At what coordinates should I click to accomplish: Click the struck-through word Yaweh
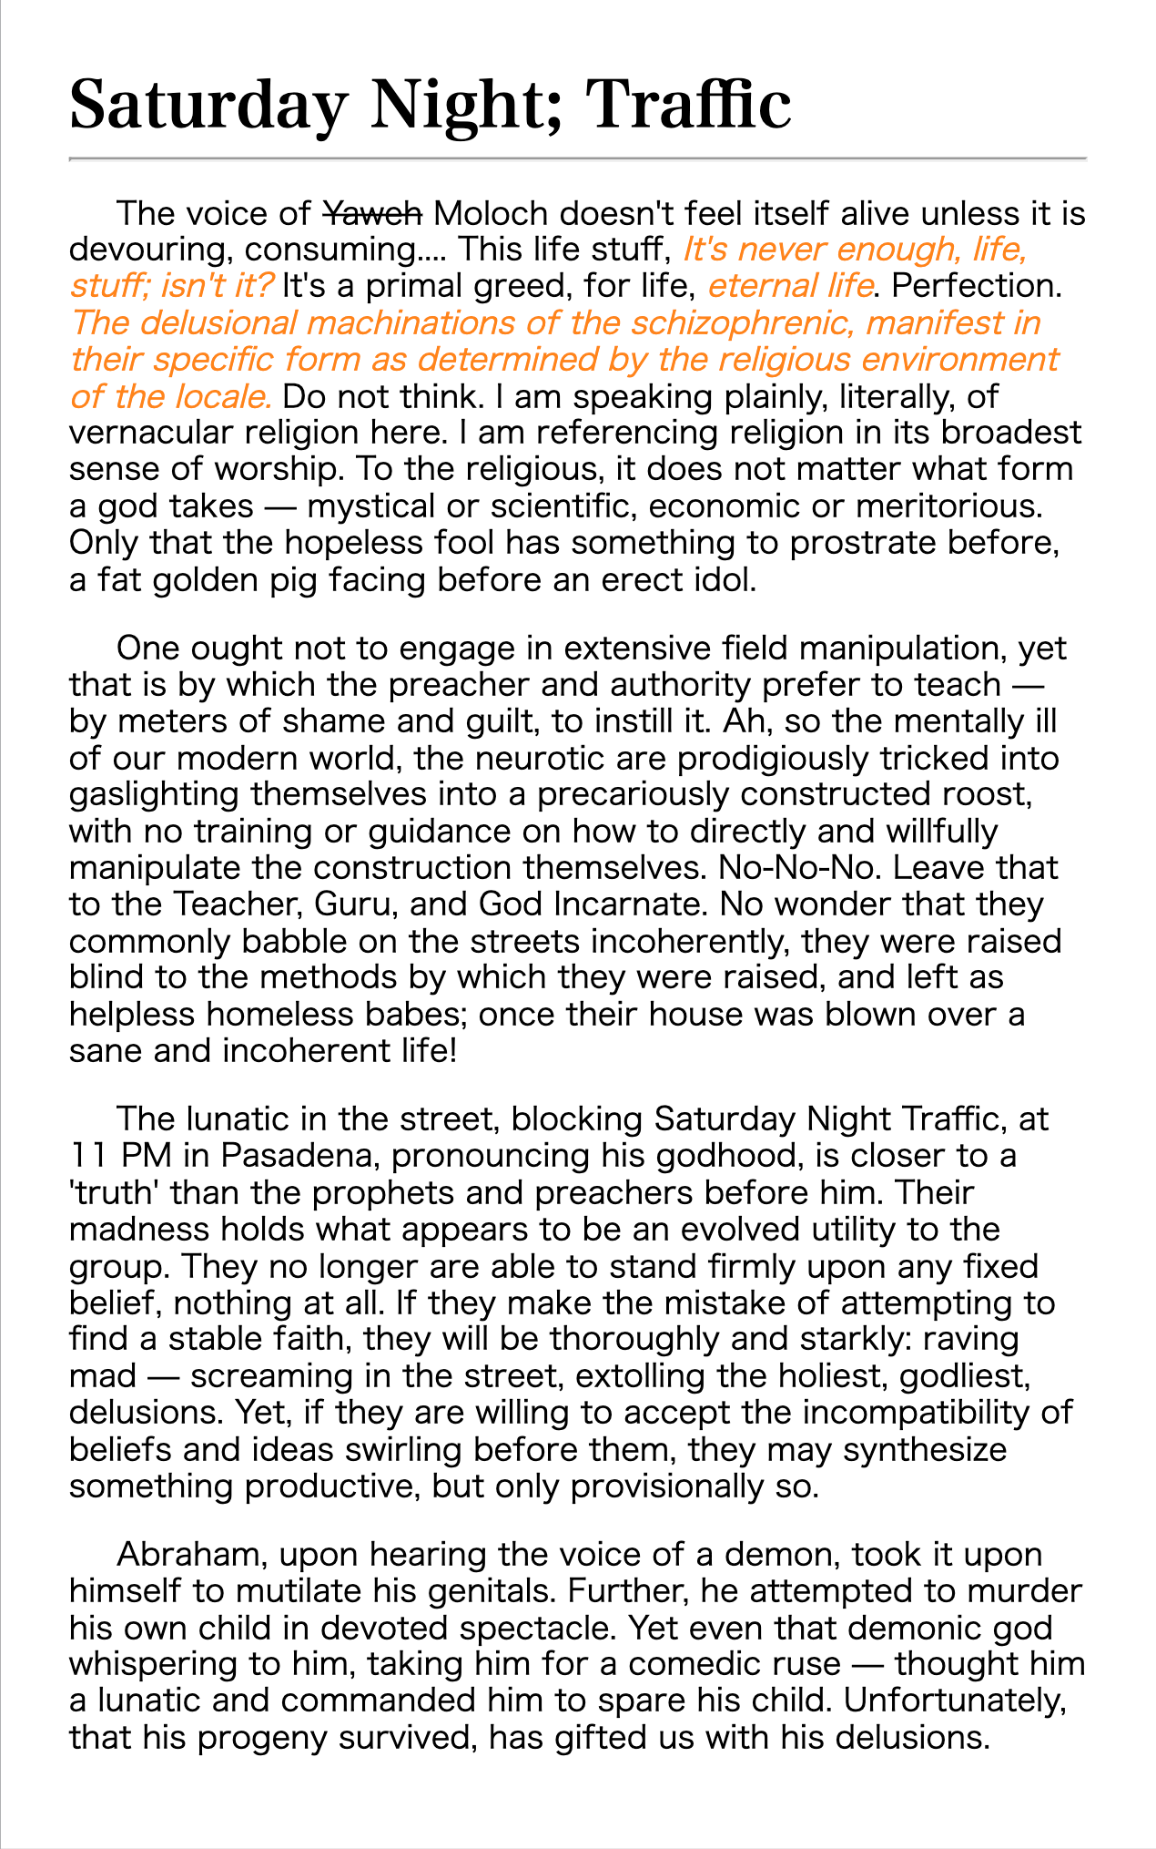click(x=373, y=214)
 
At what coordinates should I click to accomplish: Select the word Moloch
click(x=491, y=214)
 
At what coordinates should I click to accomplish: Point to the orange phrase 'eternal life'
click(x=790, y=287)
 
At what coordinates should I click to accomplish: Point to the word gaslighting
click(x=154, y=794)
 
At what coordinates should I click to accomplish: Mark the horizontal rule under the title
click(x=578, y=159)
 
